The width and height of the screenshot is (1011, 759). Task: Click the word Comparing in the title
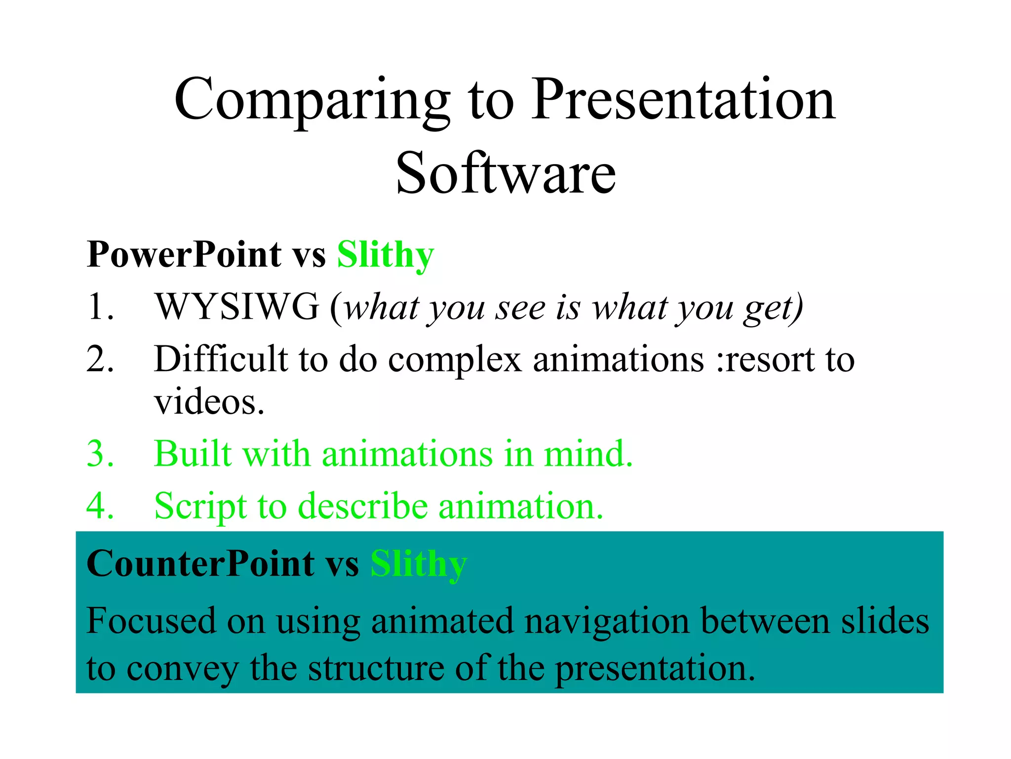pyautogui.click(x=312, y=101)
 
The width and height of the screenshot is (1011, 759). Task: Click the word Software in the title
pyautogui.click(x=506, y=174)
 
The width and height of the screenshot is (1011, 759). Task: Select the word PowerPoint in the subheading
pyautogui.click(x=184, y=254)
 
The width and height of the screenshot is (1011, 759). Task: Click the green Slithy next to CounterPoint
pyautogui.click(x=418, y=564)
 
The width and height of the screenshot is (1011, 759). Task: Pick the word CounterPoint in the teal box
pyautogui.click(x=200, y=564)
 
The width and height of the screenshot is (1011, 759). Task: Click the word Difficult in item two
pyautogui.click(x=220, y=359)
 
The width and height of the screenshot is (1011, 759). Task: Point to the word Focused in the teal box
pyautogui.click(x=151, y=621)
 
